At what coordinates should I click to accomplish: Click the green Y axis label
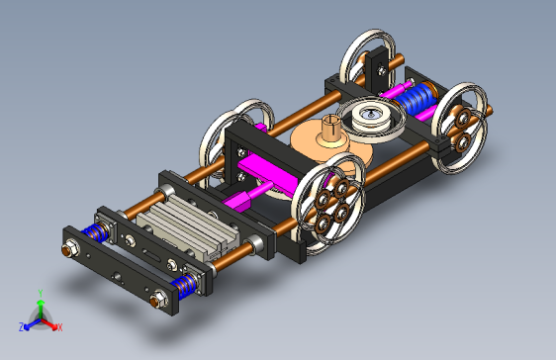coord(41,294)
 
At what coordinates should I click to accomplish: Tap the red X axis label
coord(59,327)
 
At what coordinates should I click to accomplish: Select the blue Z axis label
coord(22,327)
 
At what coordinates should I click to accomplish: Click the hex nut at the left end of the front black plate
coord(70,249)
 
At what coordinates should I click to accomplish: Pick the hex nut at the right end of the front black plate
coord(158,300)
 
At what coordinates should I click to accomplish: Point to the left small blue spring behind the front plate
coord(95,232)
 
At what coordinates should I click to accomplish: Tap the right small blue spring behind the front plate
coord(184,285)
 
